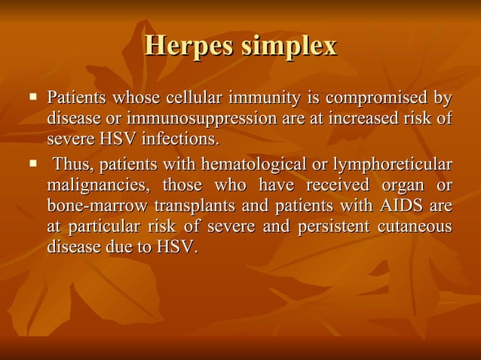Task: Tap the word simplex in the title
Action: (289, 46)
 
